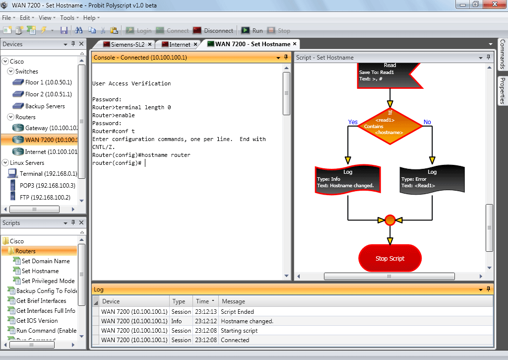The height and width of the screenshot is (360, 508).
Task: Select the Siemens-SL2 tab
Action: click(127, 44)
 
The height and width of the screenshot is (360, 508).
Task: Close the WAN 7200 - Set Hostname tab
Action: click(295, 44)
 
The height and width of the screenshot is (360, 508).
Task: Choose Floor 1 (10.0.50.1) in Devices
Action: click(42, 82)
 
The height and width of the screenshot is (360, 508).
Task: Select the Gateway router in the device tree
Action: click(45, 128)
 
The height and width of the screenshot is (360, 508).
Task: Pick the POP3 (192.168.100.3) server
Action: click(43, 186)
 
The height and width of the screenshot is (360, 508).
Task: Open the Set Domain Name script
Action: click(42, 261)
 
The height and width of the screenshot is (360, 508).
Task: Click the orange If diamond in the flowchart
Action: click(390, 126)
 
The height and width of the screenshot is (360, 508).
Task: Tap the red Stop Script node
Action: click(390, 259)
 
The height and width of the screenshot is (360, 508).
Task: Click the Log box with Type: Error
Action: click(432, 179)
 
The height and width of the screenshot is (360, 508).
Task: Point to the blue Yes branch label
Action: click(353, 122)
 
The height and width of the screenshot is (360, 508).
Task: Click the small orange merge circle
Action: click(390, 220)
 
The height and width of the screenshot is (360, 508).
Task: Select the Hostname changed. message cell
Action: click(247, 321)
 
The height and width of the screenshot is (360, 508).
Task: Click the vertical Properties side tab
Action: click(503, 91)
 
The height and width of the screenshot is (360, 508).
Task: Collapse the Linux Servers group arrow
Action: click(5, 162)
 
